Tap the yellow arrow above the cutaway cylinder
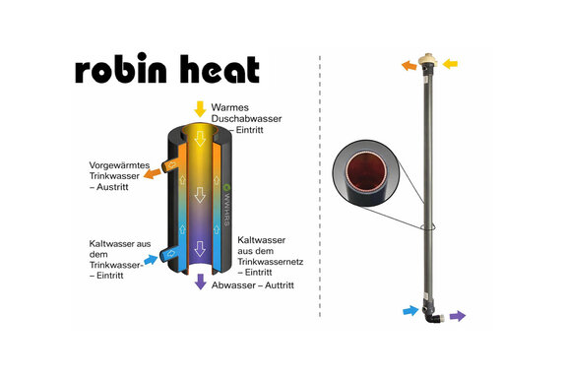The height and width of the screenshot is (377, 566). pos(200,108)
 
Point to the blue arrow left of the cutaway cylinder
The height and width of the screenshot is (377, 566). pos(150,260)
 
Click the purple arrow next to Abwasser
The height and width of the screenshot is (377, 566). pos(201,282)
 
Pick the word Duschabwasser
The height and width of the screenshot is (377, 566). pos(246,118)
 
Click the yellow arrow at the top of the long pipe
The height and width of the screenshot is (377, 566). pos(451,64)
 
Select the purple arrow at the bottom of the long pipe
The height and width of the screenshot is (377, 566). pos(459,316)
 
